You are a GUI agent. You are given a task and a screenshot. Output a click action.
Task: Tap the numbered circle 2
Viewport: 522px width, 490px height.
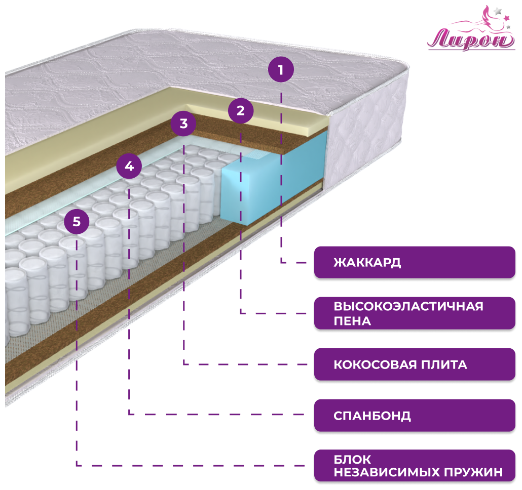(x=240, y=110)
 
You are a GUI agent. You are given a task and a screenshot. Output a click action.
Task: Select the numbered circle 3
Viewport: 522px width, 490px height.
(x=183, y=123)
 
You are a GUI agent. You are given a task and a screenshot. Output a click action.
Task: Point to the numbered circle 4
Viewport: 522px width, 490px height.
(x=129, y=166)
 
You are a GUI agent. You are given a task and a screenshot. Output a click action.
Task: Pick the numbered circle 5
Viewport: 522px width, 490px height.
(x=77, y=221)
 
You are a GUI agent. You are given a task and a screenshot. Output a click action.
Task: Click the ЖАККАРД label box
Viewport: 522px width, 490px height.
(x=414, y=262)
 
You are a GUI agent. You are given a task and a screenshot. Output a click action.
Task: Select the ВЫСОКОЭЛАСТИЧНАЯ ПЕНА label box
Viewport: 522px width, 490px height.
(x=414, y=313)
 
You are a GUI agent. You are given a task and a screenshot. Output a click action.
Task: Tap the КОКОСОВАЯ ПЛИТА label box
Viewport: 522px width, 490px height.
(x=414, y=364)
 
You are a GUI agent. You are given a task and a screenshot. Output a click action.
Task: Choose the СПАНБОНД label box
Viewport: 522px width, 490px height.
(x=414, y=416)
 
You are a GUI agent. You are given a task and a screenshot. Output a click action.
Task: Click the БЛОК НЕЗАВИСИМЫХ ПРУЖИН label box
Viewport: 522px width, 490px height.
(x=414, y=466)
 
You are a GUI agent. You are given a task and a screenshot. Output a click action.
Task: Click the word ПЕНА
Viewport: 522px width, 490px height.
(x=352, y=321)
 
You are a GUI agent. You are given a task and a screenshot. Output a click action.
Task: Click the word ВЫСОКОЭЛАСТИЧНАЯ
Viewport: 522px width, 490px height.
(x=408, y=306)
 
